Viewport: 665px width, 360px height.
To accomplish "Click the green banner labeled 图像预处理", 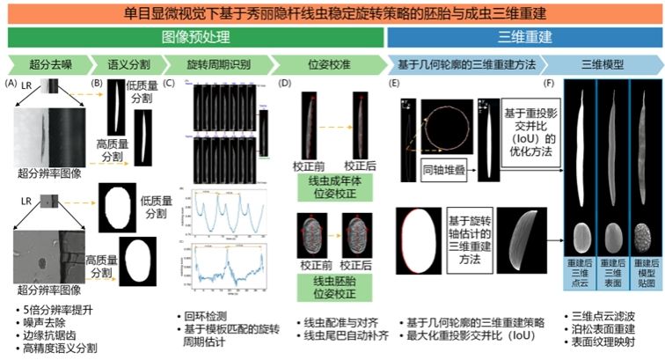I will (195, 38).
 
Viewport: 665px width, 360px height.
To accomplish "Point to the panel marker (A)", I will (11, 83).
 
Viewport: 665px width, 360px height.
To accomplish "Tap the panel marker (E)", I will (394, 83).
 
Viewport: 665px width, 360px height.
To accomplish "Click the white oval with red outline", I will (420, 243).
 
